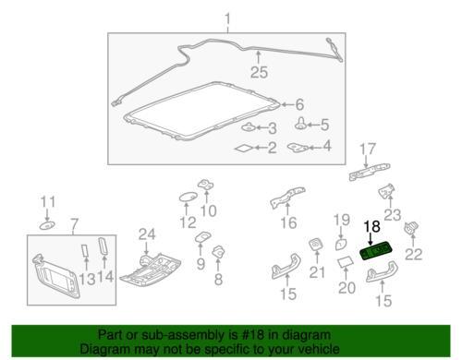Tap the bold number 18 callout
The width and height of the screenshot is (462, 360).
click(372, 227)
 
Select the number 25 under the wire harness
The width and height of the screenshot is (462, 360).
click(259, 72)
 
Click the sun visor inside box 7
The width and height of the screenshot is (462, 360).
click(56, 275)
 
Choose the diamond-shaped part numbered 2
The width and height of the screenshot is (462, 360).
click(244, 149)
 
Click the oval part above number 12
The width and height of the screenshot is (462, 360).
click(188, 197)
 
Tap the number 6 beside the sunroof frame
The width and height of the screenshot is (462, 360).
click(299, 104)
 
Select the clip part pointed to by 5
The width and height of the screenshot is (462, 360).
click(300, 124)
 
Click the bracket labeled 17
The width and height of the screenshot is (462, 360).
click(370, 172)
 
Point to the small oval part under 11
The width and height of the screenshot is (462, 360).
click(47, 225)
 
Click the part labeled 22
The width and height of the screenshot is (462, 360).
click(412, 228)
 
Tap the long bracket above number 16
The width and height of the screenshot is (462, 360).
click(287, 198)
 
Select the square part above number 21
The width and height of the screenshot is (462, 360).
click(316, 245)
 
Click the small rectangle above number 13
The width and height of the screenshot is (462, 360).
click(85, 250)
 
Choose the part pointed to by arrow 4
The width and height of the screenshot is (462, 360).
click(298, 148)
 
